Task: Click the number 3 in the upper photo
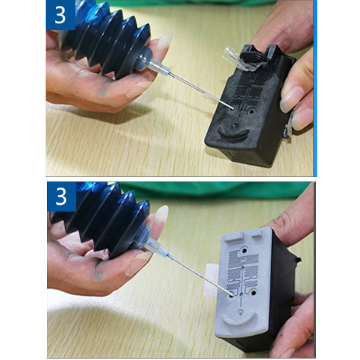60,15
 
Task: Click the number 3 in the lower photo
61,196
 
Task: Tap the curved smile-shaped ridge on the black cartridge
233,134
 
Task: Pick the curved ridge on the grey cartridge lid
240,320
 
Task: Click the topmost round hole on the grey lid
244,250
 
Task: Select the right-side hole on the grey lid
253,293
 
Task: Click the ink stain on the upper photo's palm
103,90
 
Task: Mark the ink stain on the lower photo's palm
99,274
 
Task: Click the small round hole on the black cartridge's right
252,112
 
